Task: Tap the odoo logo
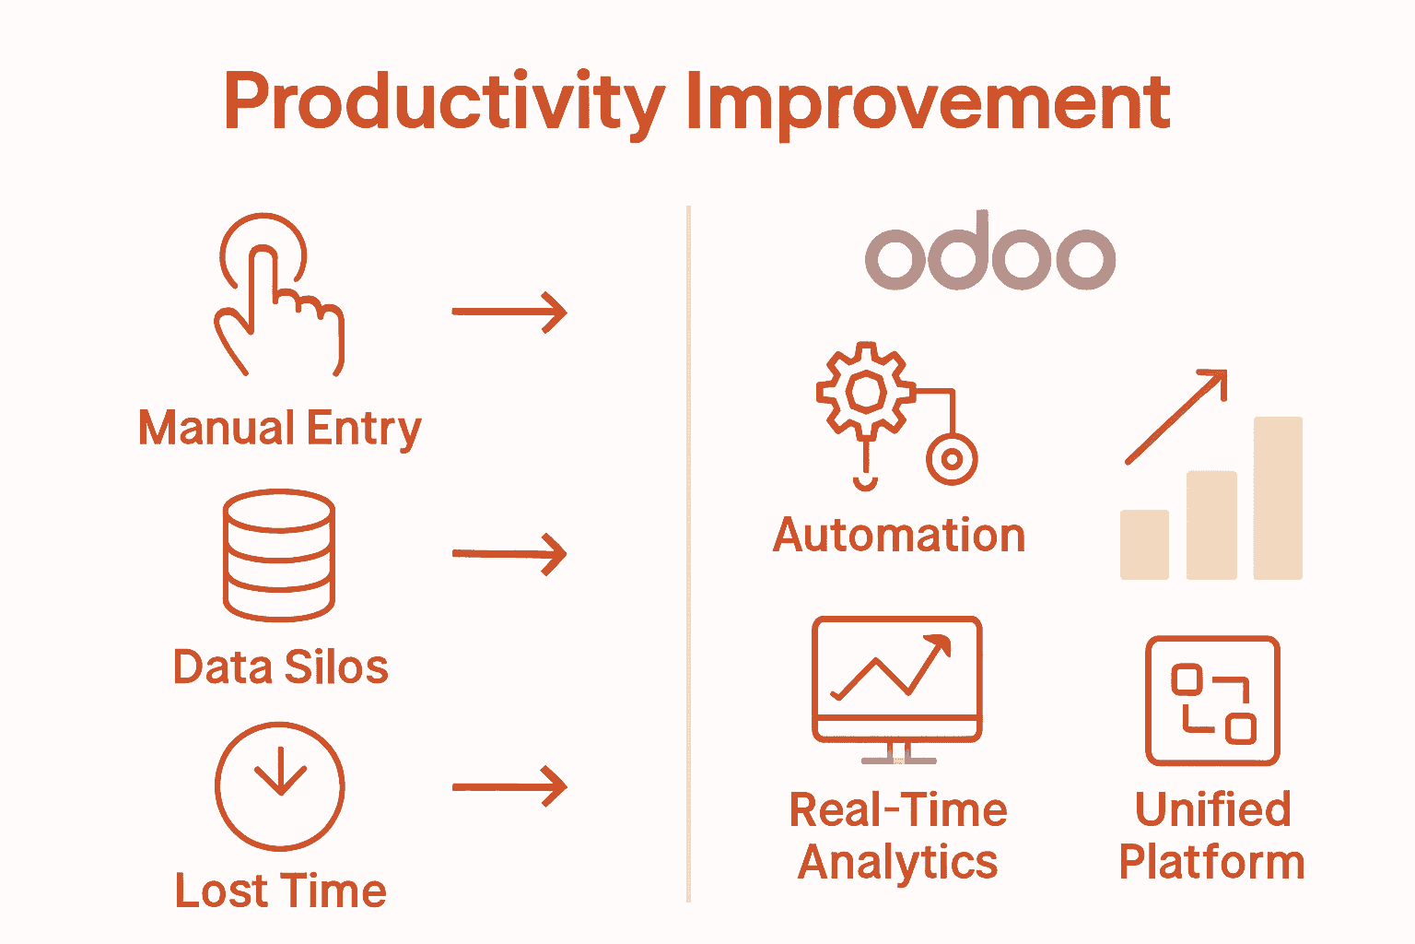(990, 254)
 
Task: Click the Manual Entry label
(279, 429)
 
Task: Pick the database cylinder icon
(279, 555)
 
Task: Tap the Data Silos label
(280, 667)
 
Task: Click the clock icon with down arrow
(280, 786)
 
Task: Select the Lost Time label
(280, 891)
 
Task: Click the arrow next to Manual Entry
(509, 312)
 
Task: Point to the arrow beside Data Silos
(509, 554)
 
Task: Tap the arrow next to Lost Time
(509, 786)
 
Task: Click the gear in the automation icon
(865, 391)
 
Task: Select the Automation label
(898, 535)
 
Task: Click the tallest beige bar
(1278, 498)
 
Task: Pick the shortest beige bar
(1144, 544)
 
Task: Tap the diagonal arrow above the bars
(1177, 417)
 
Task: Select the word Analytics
(897, 862)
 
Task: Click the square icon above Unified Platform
(1212, 701)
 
